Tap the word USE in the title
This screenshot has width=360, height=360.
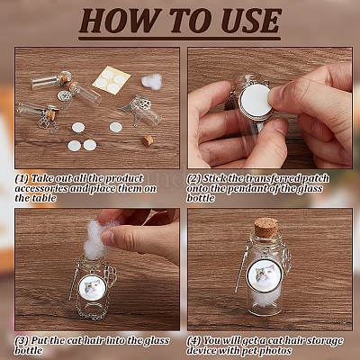click(251, 21)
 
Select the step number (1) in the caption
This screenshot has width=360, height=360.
click(22, 179)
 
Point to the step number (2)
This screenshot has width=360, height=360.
click(193, 179)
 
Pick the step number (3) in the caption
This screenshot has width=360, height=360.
click(22, 341)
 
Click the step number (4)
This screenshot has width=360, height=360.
click(193, 341)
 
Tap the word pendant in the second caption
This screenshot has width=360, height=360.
click(253, 189)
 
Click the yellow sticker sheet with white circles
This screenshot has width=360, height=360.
click(112, 80)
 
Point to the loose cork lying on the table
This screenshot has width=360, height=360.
click(148, 140)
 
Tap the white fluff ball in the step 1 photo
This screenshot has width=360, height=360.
click(151, 81)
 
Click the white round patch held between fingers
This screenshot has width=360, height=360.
click(256, 101)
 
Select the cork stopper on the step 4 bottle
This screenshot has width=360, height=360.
click(266, 228)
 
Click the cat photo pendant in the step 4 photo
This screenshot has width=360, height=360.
click(265, 276)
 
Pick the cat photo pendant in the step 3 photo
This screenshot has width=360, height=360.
click(94, 287)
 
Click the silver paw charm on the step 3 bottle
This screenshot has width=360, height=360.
click(111, 274)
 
